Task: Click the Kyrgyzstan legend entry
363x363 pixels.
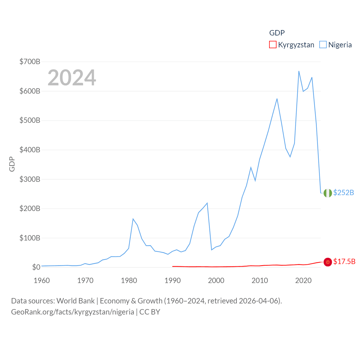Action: (292, 45)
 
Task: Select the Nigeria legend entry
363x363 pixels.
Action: (336, 45)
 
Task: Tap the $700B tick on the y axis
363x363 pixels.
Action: (30, 62)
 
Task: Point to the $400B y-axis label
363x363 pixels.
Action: (30, 150)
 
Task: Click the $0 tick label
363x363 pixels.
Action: (36, 267)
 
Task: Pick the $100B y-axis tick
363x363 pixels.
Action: (30, 238)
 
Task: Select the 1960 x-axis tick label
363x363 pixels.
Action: (42, 280)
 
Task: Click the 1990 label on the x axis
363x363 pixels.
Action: (172, 280)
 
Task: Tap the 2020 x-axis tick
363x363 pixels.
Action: (303, 280)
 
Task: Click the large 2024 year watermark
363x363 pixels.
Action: (72, 78)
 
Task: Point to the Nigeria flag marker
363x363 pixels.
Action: (328, 193)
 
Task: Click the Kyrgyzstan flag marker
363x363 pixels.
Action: (328, 262)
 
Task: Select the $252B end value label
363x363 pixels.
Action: (343, 193)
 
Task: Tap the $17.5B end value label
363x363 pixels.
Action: (344, 261)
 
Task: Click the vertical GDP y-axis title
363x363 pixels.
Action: (12, 164)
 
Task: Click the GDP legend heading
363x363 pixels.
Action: (277, 33)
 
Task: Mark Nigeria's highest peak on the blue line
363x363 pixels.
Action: (299, 71)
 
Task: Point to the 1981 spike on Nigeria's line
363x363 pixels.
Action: (133, 219)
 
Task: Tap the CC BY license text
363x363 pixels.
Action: (150, 312)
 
